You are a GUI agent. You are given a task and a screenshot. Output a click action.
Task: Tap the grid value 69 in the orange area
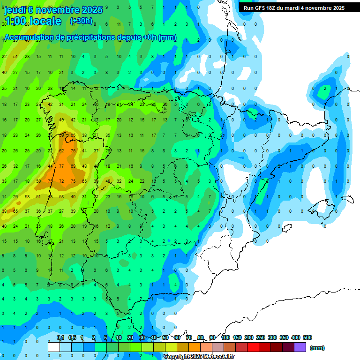(73, 166)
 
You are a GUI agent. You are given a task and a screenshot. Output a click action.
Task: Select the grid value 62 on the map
(61, 150)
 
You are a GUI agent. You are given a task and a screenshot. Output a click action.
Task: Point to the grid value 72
(61, 181)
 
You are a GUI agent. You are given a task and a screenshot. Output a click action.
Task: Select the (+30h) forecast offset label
(81, 21)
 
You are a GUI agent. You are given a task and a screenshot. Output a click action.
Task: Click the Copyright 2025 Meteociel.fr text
(199, 356)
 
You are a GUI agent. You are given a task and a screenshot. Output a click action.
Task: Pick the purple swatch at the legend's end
(300, 347)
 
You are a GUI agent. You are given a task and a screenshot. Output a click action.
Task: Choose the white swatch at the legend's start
(54, 347)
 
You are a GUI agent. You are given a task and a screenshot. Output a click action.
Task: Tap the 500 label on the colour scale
(307, 337)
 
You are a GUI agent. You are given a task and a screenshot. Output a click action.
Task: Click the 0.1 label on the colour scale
(60, 337)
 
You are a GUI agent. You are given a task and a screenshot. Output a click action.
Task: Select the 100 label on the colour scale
(225, 337)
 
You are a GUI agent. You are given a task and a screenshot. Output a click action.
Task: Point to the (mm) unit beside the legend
(317, 348)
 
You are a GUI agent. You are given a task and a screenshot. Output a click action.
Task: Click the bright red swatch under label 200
(253, 347)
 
